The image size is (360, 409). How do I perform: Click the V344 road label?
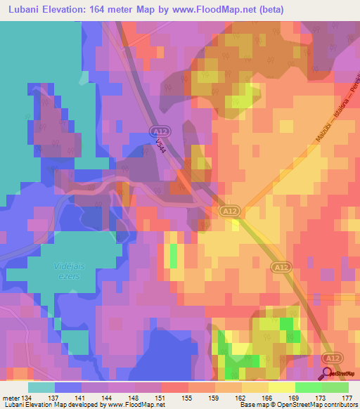[x=162, y=147]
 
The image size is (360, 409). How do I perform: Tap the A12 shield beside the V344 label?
[x=160, y=131]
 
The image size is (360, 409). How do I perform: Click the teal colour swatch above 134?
[x=41, y=387]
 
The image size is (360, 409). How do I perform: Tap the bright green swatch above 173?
[x=308, y=387]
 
